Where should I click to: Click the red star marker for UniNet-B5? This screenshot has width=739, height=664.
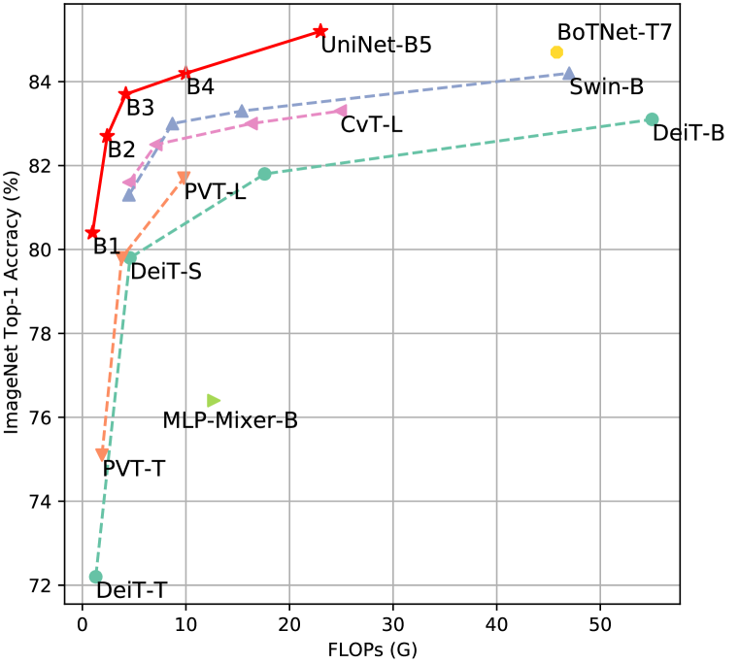320,31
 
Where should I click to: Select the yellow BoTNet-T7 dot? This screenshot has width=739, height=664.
556,51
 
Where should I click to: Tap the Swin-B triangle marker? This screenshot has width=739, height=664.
569,73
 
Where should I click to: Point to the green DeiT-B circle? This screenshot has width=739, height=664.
652,119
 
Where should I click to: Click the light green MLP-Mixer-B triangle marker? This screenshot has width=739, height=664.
214,400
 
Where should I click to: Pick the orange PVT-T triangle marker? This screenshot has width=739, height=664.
102,454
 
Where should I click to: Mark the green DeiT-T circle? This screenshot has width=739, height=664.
95,577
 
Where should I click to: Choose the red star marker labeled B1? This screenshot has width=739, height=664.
92,233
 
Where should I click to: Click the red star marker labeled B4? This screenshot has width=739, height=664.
185,73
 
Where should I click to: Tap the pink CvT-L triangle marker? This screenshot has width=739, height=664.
341,111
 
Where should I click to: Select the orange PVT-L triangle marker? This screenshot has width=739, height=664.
184,177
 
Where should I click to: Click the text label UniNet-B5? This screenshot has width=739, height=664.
376,45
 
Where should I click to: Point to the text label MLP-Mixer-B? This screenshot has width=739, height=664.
230,421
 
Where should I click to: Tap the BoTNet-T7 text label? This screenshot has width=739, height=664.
615,32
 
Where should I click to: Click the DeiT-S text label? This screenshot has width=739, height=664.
166,272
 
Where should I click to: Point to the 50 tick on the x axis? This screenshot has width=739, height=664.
600,621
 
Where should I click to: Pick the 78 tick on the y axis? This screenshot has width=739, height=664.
47,334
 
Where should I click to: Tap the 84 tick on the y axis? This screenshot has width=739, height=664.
47,82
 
